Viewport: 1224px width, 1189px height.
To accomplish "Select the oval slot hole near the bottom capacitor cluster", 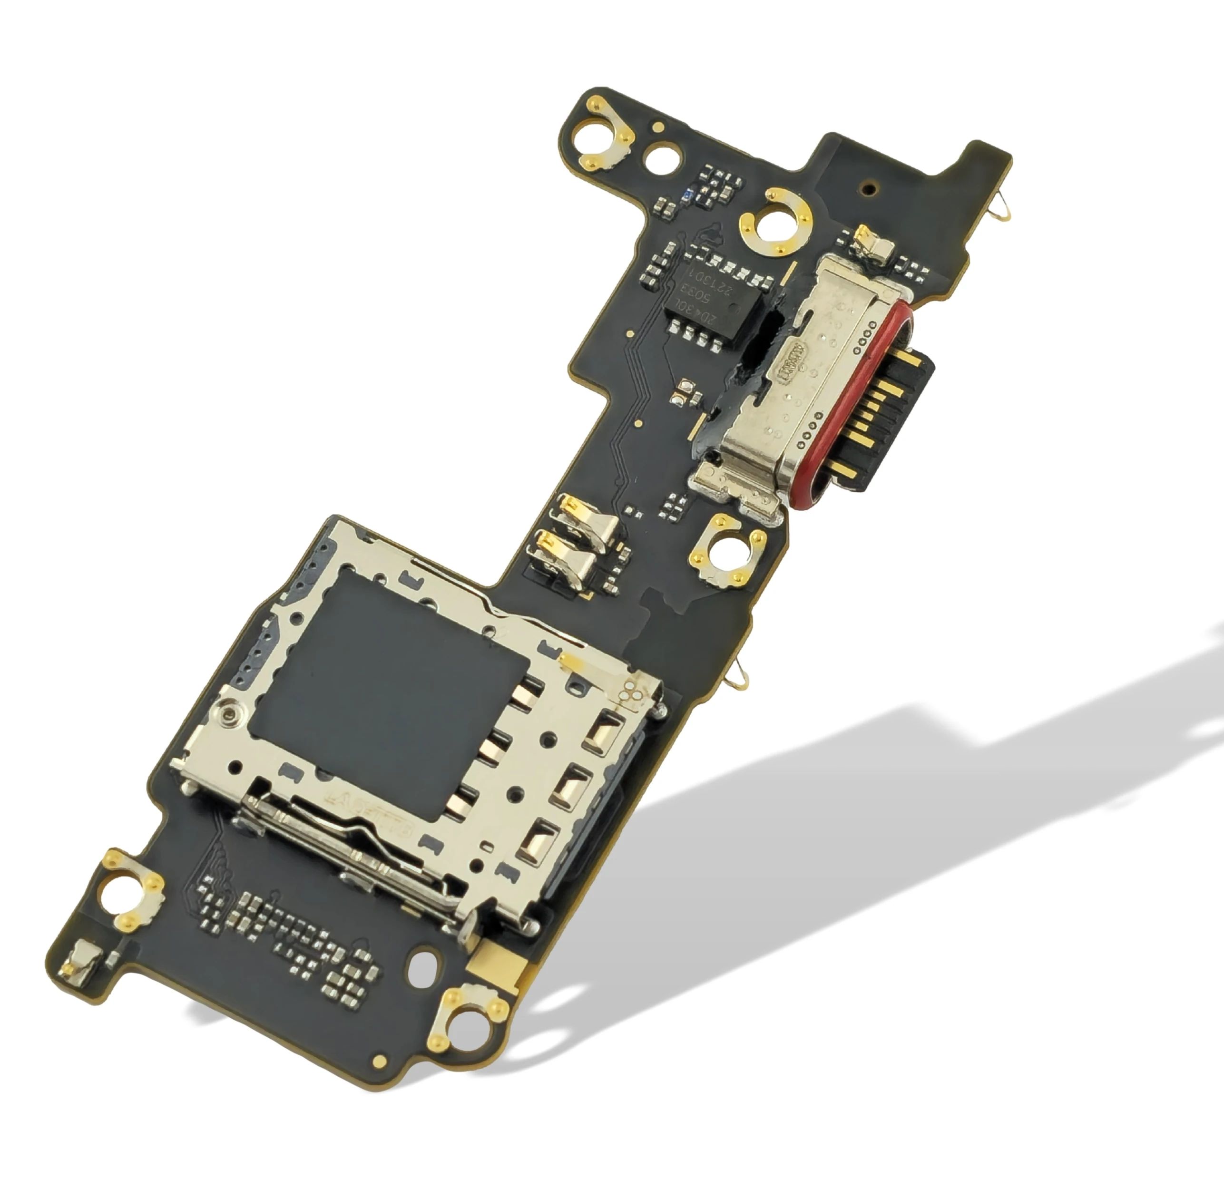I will point(423,966).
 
